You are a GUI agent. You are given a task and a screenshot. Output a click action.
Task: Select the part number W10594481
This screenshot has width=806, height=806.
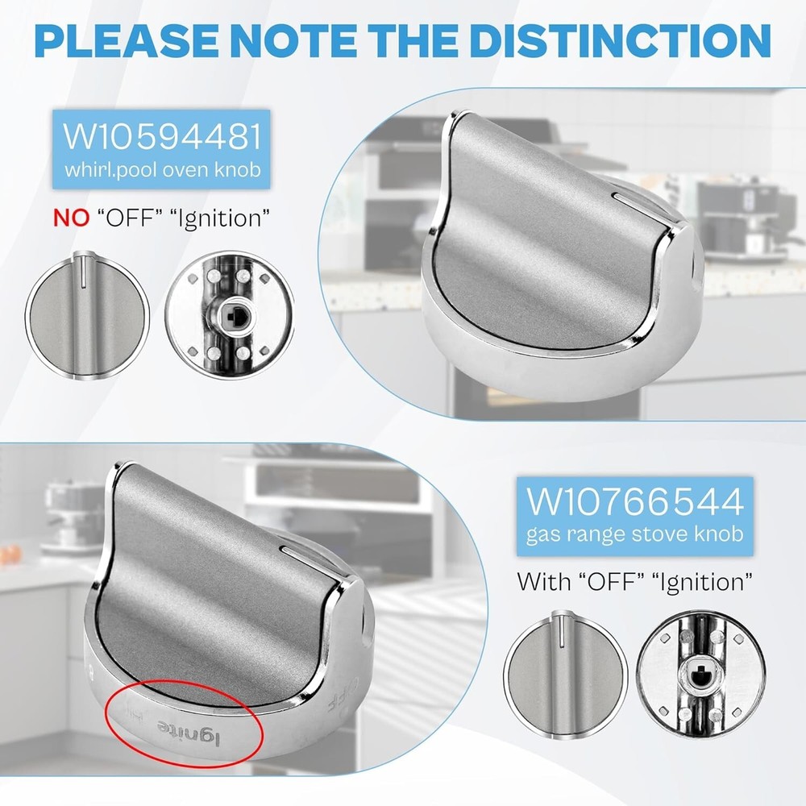(162, 135)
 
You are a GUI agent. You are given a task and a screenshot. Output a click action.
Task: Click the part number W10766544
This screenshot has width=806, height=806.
(635, 501)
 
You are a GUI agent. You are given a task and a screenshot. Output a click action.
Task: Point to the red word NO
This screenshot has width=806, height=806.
(72, 218)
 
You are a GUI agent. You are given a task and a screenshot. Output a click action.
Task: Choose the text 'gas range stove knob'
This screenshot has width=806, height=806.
(635, 534)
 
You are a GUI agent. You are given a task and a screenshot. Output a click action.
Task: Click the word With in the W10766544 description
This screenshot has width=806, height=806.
(543, 582)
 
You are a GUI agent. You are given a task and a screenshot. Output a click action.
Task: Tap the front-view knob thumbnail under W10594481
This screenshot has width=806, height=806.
(87, 315)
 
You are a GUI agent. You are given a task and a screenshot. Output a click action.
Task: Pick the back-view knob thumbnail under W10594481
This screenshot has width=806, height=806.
(229, 315)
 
